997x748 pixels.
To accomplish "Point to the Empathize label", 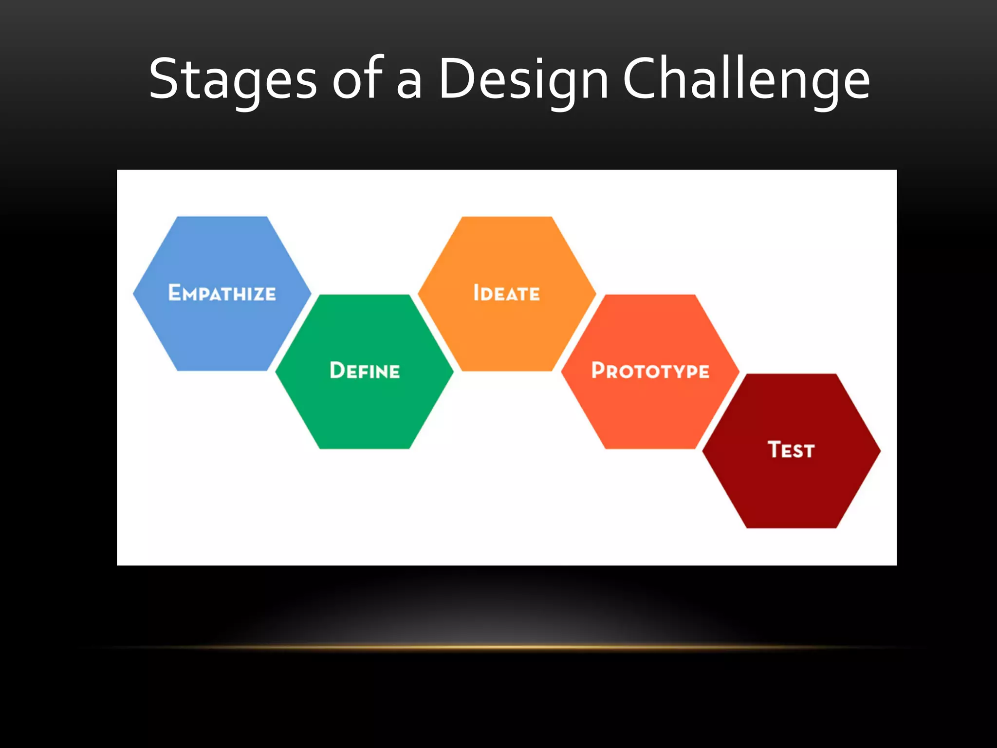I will (x=222, y=293).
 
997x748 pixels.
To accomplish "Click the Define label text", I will (x=365, y=371).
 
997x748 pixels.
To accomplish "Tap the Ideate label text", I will (x=507, y=293).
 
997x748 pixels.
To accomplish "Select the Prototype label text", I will (x=650, y=371).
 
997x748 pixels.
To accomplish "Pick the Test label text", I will (x=791, y=449).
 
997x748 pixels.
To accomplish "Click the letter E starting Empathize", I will (x=174, y=292).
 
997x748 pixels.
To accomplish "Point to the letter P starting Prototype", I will (x=598, y=370).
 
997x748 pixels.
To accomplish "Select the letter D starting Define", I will (x=337, y=370).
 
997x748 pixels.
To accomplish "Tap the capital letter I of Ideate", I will (x=477, y=293).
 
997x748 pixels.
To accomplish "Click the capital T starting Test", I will (x=775, y=449).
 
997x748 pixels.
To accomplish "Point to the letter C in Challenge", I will (x=644, y=79).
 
